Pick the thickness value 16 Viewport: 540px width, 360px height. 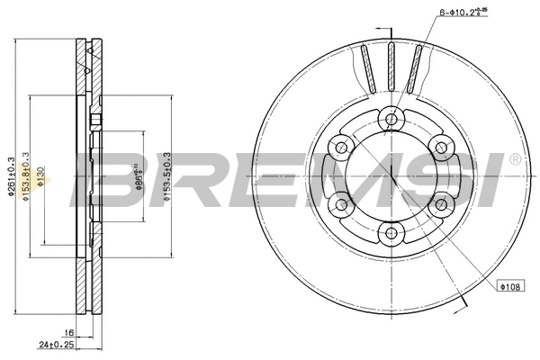68,332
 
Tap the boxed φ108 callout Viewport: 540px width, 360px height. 510,286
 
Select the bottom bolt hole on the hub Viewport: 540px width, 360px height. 391,234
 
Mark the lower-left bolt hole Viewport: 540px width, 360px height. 339,204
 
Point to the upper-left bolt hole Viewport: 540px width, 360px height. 339,145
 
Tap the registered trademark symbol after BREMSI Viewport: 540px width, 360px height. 515,159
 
